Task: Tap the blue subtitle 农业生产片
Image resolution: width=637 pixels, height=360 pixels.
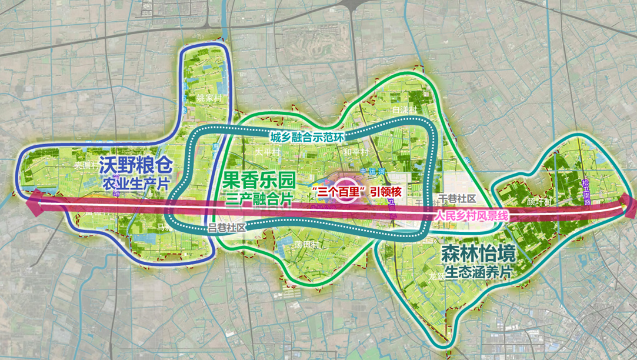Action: pyautogui.click(x=129, y=182)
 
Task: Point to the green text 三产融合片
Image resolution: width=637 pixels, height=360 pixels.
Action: pyautogui.click(x=258, y=199)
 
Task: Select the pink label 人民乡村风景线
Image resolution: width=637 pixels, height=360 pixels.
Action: pyautogui.click(x=471, y=216)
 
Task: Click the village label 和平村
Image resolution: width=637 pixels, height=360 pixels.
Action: pyautogui.click(x=356, y=152)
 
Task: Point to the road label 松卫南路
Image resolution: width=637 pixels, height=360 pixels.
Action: pyautogui.click(x=584, y=192)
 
